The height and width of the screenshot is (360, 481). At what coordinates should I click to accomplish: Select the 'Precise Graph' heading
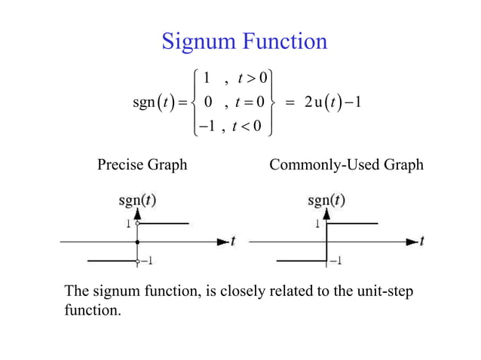click(142, 164)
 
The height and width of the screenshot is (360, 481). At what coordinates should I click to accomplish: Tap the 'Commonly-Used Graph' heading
click(347, 164)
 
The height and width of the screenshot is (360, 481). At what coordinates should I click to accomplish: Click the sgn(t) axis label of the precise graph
click(137, 201)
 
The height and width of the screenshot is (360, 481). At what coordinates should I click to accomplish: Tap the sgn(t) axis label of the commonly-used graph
click(326, 201)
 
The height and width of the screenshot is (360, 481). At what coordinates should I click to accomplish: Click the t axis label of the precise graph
click(233, 241)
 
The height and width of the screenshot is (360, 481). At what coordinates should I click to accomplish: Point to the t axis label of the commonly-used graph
click(421, 241)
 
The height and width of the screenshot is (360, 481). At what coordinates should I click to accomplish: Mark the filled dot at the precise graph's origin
click(137, 242)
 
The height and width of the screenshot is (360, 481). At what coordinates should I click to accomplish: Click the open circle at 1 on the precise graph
click(137, 224)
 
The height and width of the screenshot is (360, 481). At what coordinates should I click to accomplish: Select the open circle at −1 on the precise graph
click(137, 261)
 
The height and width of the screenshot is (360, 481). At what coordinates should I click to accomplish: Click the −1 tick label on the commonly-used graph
click(335, 261)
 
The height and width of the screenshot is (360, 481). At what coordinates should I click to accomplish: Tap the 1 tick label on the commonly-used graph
click(318, 224)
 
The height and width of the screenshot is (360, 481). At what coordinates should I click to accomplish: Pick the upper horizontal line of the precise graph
click(164, 224)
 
